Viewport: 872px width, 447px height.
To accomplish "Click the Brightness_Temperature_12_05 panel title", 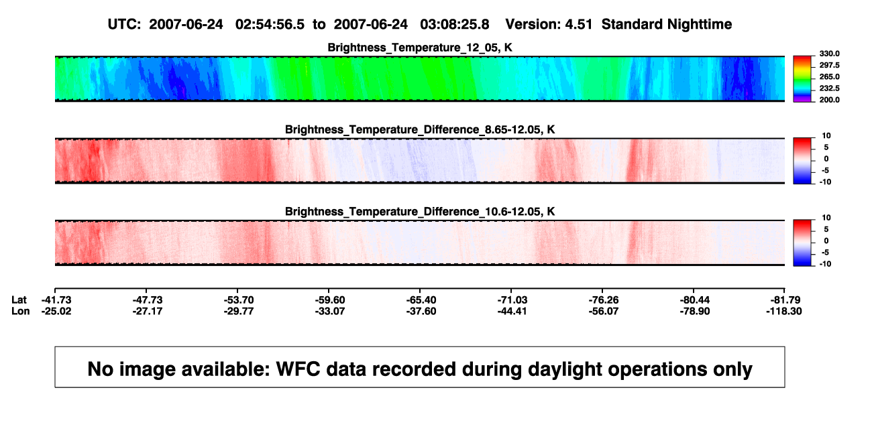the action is pyautogui.click(x=420, y=48).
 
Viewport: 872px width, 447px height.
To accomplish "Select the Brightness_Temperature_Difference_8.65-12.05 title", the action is pyautogui.click(x=420, y=129).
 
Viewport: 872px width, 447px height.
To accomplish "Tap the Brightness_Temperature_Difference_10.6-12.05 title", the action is pyautogui.click(x=420, y=212).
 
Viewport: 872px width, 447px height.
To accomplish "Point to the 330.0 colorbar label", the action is pyautogui.click(x=829, y=54).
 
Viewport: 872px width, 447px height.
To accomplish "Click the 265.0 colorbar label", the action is pyautogui.click(x=829, y=76).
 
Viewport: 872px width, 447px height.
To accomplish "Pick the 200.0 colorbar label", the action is pyautogui.click(x=829, y=100).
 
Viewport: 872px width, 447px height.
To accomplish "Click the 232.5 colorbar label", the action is pyautogui.click(x=829, y=88).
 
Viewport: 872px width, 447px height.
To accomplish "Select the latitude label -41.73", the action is pyautogui.click(x=56, y=300).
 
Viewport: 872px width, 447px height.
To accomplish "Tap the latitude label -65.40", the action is pyautogui.click(x=421, y=300).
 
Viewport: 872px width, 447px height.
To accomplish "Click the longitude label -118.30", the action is pyautogui.click(x=784, y=311).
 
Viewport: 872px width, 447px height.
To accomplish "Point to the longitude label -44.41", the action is pyautogui.click(x=512, y=311).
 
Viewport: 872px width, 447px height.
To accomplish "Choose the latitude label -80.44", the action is pyautogui.click(x=695, y=300).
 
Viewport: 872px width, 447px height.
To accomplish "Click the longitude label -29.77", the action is pyautogui.click(x=239, y=311).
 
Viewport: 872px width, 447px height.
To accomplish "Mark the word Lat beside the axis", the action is pyautogui.click(x=19, y=300).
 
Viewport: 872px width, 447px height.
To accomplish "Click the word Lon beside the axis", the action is pyautogui.click(x=21, y=311).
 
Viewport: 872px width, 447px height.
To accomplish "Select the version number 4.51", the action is pyautogui.click(x=578, y=24).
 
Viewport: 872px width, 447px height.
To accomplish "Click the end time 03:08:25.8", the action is pyautogui.click(x=454, y=24).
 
